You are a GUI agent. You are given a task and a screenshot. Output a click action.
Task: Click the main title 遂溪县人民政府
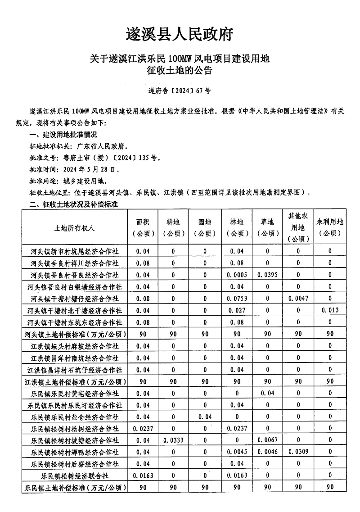[x=180, y=34]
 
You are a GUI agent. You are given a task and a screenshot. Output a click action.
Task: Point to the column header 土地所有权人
[x=75, y=228]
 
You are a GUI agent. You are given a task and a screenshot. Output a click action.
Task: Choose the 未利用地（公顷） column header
[x=330, y=227]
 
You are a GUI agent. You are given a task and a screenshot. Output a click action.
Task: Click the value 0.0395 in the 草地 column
[x=267, y=275]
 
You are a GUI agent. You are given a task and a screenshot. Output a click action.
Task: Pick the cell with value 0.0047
[x=298, y=299]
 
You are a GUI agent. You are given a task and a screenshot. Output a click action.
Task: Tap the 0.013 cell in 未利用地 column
[x=330, y=310]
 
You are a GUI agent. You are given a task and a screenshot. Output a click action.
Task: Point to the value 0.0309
[x=298, y=452]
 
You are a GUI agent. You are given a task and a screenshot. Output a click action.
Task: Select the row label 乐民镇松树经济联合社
[x=75, y=476]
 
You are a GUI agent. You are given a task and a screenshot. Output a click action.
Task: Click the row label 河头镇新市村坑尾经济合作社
[x=75, y=251]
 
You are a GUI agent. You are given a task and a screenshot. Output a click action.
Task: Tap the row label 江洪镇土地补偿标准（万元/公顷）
[x=75, y=381]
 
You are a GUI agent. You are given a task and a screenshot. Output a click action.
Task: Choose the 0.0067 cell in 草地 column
[x=267, y=440]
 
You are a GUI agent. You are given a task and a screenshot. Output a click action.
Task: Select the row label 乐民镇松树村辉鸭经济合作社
[x=75, y=452]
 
